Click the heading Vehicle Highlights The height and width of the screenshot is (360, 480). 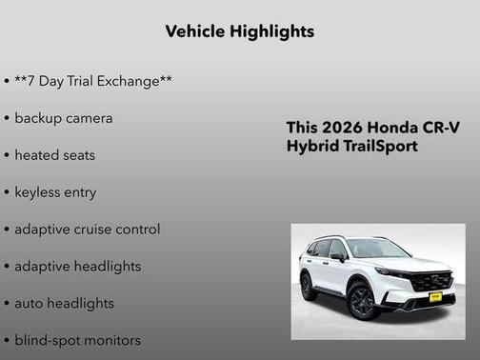(x=240, y=31)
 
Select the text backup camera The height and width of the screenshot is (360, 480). (x=64, y=118)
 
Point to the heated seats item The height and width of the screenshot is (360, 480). (x=55, y=155)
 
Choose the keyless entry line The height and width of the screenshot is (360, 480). (x=55, y=192)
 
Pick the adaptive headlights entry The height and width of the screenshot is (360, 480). (x=78, y=267)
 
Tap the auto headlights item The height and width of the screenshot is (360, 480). (x=64, y=304)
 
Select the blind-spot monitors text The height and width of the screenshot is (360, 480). (x=78, y=340)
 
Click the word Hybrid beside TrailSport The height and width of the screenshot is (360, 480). (x=311, y=148)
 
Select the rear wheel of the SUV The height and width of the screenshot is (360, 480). (x=309, y=285)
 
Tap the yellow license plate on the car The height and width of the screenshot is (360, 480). (x=436, y=296)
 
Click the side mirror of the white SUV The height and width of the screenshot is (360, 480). (x=338, y=257)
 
